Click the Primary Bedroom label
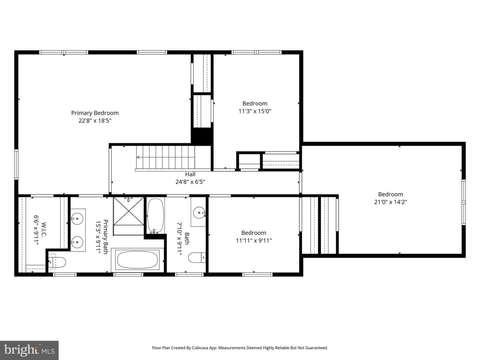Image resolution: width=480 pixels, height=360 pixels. coord(95,113)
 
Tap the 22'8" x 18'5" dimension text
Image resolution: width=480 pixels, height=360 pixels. coord(95,121)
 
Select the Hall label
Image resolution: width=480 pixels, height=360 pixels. coord(190,174)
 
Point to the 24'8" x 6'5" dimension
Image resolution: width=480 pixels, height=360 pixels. coord(190,182)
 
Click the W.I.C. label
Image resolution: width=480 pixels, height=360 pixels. coord(44,230)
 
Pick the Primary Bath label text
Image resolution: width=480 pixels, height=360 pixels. coord(106,237)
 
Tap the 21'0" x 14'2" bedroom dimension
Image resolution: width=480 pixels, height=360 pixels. coord(391,202)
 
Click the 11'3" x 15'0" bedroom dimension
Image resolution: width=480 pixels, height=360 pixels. coord(255,111)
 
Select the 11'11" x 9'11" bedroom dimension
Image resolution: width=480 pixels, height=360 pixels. coord(254,241)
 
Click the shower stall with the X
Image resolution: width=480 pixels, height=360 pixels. coord(129,211)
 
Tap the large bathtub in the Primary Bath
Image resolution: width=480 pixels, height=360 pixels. coord(137,260)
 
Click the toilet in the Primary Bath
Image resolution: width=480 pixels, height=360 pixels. coord(57,262)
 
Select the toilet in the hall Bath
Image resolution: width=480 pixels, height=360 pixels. coord(197,258)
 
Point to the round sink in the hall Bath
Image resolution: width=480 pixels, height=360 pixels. coord(199,213)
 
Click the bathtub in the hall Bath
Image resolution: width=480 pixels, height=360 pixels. coord(155,216)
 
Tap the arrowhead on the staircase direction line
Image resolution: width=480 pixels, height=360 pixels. coord(138,157)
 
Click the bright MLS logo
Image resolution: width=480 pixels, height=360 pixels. coord(29,350)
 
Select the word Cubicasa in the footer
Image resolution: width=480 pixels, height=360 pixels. coord(200,348)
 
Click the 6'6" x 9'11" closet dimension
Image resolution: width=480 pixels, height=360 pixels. coord(36,230)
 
